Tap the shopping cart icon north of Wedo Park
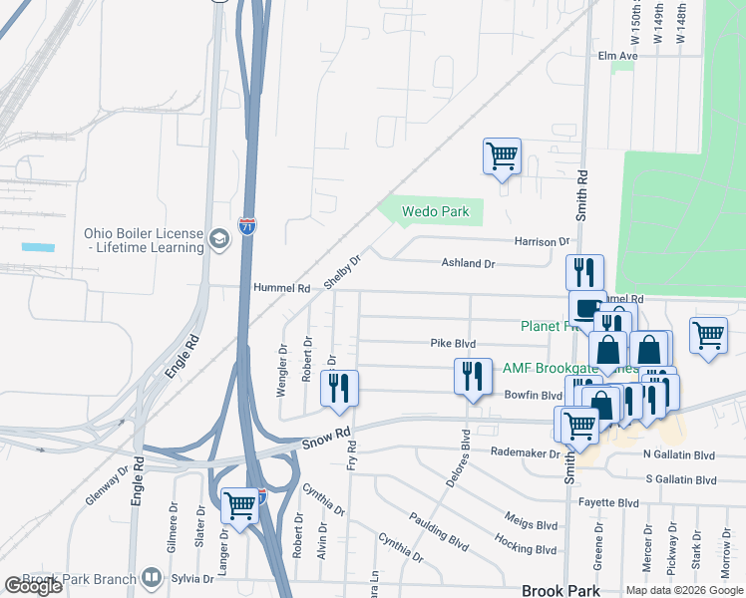(502, 155)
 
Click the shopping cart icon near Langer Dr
(240, 505)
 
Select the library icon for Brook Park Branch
(151, 577)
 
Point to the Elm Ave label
(617, 57)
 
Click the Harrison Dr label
(542, 242)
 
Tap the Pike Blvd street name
(453, 344)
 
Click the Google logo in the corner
(33, 586)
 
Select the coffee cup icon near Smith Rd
(587, 306)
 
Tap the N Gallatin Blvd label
(679, 454)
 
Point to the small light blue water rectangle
(38, 246)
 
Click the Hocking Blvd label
(526, 547)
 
